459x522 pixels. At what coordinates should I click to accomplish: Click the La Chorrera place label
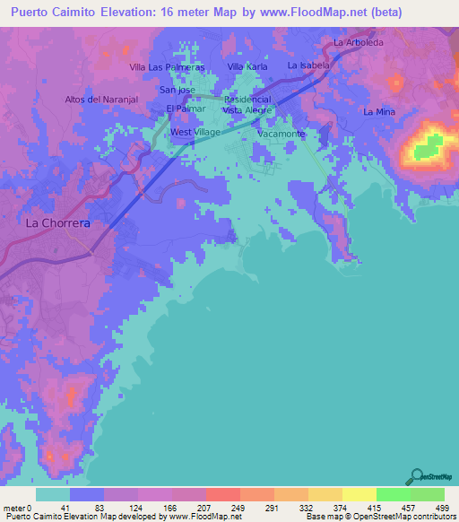[x=57, y=222]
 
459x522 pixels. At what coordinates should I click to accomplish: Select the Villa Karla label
[x=247, y=67]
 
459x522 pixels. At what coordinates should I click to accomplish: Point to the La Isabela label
[x=309, y=65]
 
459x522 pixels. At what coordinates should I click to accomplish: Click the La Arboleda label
[x=358, y=42]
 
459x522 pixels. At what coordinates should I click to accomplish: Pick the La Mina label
[x=379, y=111]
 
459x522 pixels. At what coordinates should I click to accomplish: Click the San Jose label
[x=178, y=90]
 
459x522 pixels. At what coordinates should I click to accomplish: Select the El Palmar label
[x=186, y=109]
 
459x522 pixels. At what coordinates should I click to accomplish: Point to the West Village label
[x=195, y=132]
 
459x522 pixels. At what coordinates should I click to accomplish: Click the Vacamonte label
[x=281, y=134]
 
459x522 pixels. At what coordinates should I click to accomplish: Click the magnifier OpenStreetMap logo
[x=416, y=476]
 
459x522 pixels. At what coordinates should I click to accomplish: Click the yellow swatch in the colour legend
[x=359, y=494]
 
